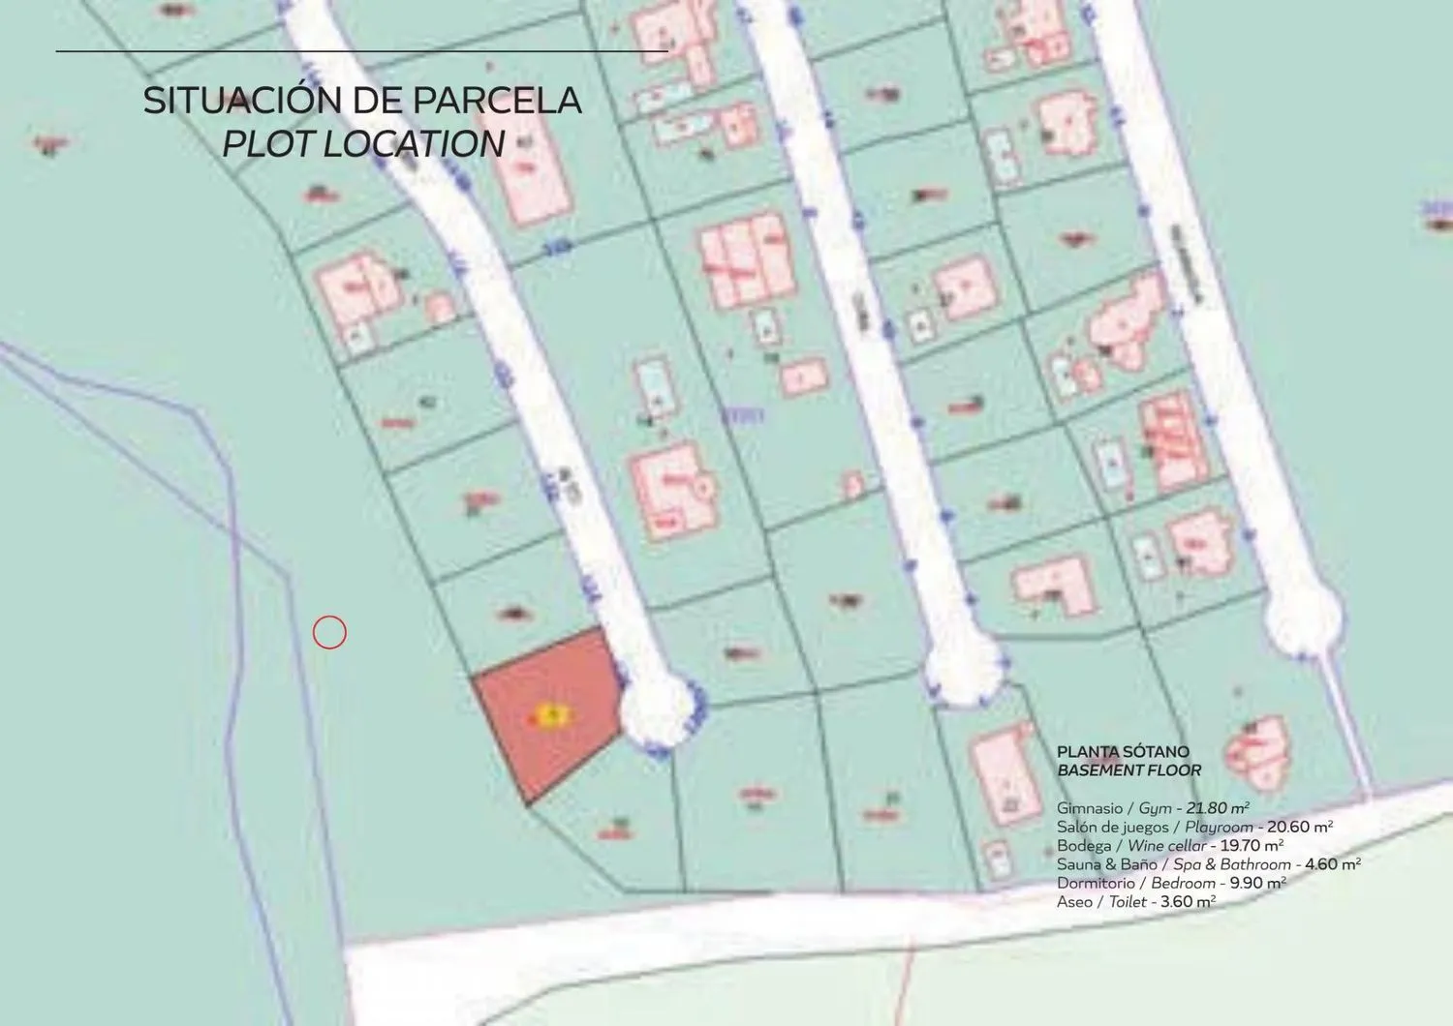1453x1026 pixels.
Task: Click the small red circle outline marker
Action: [x=329, y=632]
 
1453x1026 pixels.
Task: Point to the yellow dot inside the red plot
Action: [x=551, y=715]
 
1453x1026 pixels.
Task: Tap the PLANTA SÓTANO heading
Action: [x=1123, y=752]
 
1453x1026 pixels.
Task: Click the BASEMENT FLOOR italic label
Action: [x=1128, y=771]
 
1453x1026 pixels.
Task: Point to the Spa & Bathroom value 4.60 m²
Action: [x=1332, y=864]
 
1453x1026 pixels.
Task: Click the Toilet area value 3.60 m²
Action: [x=1188, y=902]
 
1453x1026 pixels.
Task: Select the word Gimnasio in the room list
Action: [x=1089, y=808]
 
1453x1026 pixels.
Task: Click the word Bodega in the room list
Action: [x=1084, y=846]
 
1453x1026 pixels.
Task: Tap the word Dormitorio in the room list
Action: [x=1096, y=883]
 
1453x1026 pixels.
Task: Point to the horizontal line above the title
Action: [x=361, y=50]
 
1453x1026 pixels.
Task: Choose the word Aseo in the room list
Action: [x=1074, y=902]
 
